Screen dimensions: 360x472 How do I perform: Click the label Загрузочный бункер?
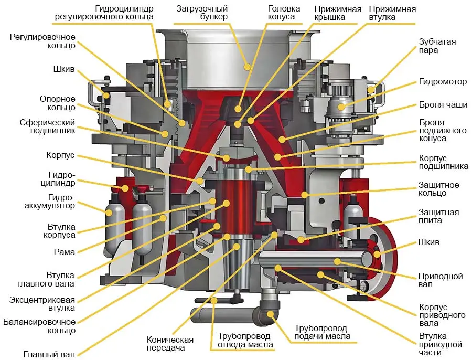(202, 13)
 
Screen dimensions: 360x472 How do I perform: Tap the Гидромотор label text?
(442, 82)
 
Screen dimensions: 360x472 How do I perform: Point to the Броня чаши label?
(443, 105)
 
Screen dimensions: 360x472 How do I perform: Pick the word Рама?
(65, 252)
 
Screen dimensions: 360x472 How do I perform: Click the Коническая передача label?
(170, 344)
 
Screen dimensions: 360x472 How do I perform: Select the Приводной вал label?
(433, 281)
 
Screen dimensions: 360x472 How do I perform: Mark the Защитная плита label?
(438, 216)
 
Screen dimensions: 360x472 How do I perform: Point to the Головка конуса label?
(284, 13)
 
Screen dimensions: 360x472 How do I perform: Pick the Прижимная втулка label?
(392, 13)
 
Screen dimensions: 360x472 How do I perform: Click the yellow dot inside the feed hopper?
(248, 66)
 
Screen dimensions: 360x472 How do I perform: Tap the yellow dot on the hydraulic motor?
(341, 107)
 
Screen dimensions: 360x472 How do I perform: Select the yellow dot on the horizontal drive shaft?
(337, 261)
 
